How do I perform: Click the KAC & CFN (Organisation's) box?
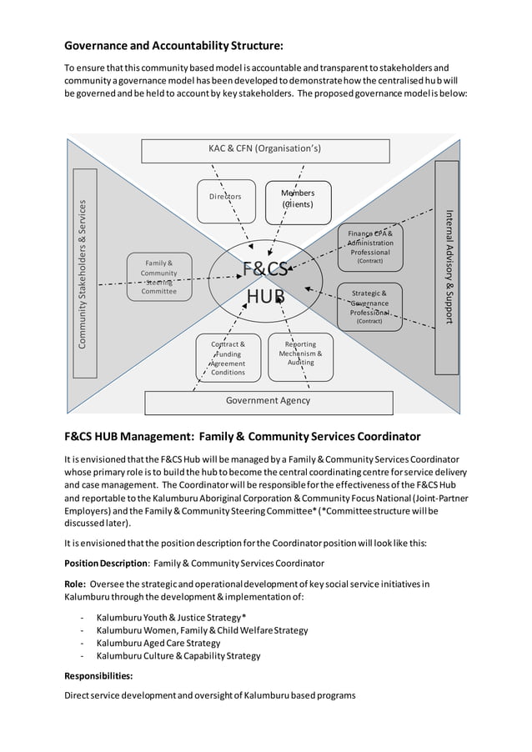[264, 150]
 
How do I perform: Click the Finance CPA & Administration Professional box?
[370, 247]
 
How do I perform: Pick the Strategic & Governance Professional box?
[370, 307]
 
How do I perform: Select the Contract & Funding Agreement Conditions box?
[228, 358]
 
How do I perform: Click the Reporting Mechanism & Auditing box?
[301, 353]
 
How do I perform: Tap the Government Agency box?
[269, 401]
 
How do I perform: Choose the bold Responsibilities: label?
[98, 676]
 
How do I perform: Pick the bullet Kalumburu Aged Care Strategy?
[158, 643]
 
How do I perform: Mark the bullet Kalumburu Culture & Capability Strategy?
[178, 655]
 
